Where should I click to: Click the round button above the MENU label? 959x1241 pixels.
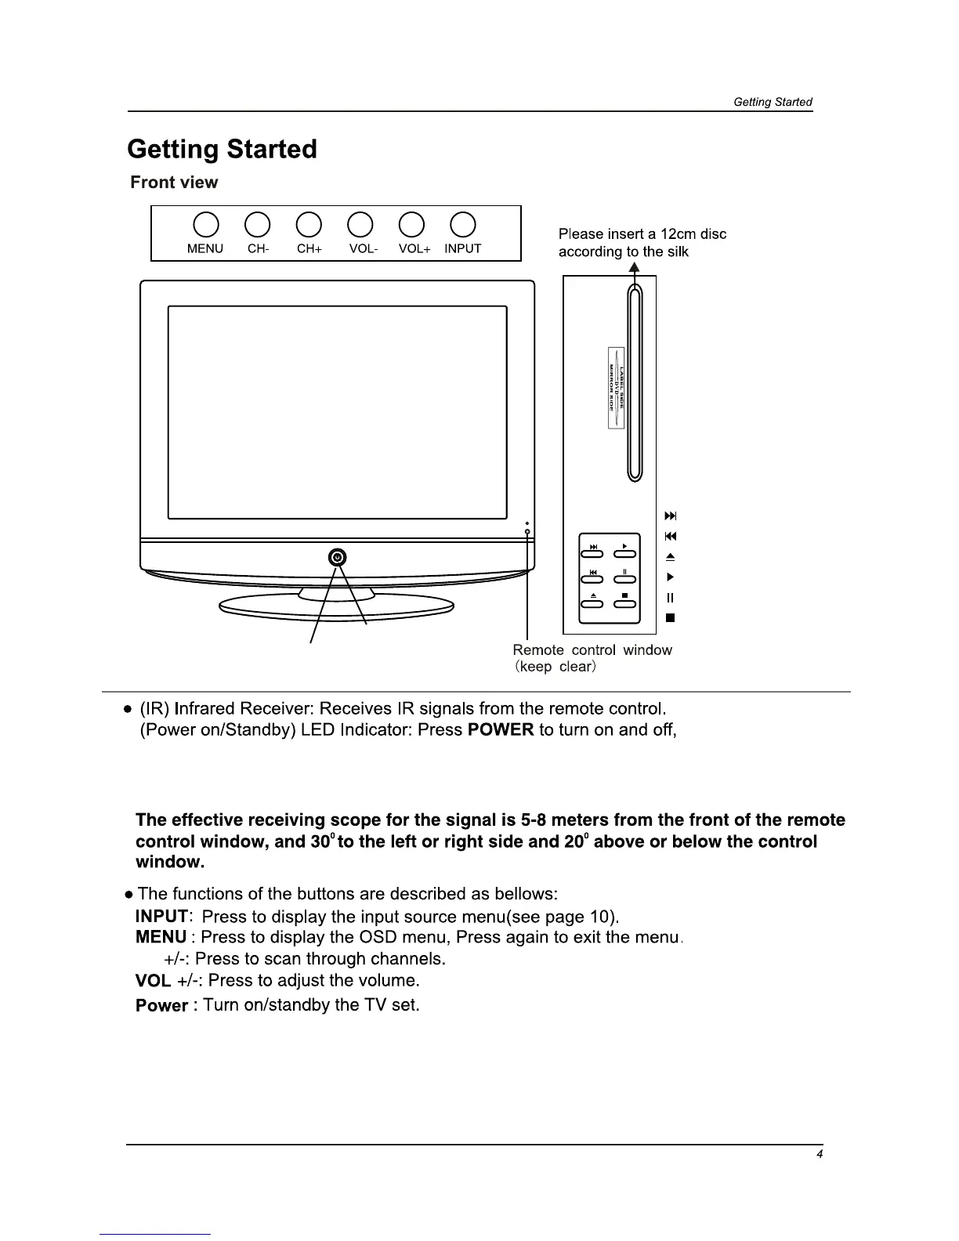(205, 225)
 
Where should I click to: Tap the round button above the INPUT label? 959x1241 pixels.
(463, 225)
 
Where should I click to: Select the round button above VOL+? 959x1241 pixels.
(412, 225)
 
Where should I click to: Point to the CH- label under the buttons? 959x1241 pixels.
(259, 249)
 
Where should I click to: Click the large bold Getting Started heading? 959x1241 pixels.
(222, 149)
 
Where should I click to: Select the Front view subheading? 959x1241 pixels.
(174, 183)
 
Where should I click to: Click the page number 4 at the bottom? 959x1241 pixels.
(819, 1153)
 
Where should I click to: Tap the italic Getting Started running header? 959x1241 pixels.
(773, 102)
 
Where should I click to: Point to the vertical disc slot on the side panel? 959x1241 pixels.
(635, 384)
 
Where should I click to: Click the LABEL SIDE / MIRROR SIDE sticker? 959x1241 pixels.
(616, 387)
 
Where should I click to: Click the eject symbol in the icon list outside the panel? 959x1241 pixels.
(670, 557)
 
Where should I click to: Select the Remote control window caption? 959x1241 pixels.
(592, 650)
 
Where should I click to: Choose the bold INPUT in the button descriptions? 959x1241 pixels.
(161, 917)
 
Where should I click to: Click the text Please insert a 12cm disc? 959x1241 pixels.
(642, 234)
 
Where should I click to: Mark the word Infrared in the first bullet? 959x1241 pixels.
(205, 709)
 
